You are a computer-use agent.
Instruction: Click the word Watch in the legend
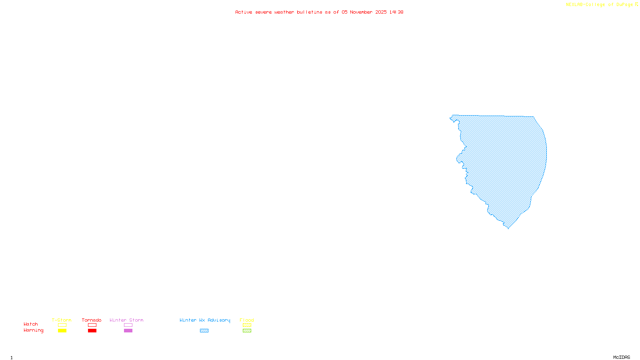31,324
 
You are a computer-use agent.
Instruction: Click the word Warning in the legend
33,330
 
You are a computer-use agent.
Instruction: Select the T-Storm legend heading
62,320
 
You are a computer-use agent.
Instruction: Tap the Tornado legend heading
92,320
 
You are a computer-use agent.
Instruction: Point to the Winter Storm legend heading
126,320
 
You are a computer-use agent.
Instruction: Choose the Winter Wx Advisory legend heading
205,320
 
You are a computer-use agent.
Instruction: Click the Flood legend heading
247,320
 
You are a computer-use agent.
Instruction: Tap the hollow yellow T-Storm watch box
62,325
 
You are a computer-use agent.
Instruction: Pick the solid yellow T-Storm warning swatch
62,331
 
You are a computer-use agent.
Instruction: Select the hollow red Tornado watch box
92,325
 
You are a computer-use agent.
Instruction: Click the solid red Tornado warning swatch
92,331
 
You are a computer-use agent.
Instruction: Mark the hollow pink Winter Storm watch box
128,325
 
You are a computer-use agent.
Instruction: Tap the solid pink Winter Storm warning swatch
128,331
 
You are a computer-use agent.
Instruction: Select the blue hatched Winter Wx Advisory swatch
204,331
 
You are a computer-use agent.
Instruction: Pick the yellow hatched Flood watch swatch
247,325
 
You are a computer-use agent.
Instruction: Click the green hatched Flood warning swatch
247,331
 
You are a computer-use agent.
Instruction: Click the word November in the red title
361,12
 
